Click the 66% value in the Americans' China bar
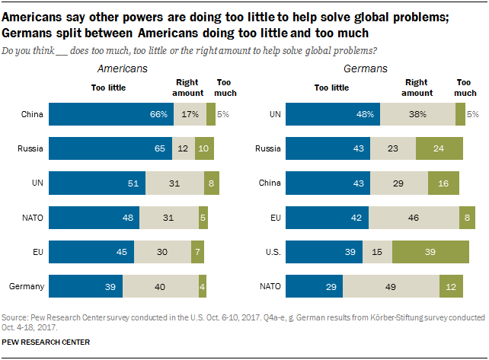click(x=158, y=114)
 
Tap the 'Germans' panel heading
click(x=366, y=68)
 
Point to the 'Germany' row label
click(x=26, y=285)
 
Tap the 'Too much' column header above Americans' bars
click(x=226, y=88)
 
